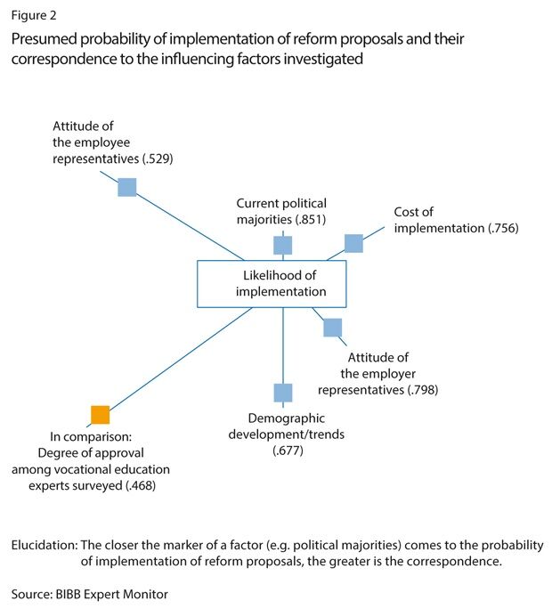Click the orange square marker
pyautogui.click(x=101, y=414)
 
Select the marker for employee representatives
pyautogui.click(x=127, y=187)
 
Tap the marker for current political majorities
pyautogui.click(x=282, y=245)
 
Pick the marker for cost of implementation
pyautogui.click(x=353, y=243)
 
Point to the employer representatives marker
pyautogui.click(x=332, y=327)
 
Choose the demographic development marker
pyautogui.click(x=282, y=392)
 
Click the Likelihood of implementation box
pyautogui.click(x=282, y=283)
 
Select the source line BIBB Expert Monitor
pyautogui.click(x=89, y=593)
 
